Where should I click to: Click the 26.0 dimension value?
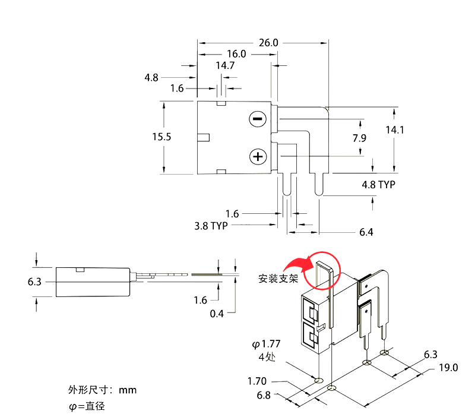[268, 43]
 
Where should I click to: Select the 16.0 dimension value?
[237, 54]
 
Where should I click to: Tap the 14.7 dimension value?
[225, 65]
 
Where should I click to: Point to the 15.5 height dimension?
[161, 137]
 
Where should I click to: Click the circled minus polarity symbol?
[258, 119]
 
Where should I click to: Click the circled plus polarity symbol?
[258, 157]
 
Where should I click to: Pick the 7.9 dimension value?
[359, 138]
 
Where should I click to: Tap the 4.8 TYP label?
[378, 184]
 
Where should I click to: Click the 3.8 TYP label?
[211, 226]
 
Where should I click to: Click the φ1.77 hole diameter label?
[266, 343]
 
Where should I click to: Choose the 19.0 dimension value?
[448, 368]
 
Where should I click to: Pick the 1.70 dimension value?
[257, 381]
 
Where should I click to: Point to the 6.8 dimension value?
[264, 395]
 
